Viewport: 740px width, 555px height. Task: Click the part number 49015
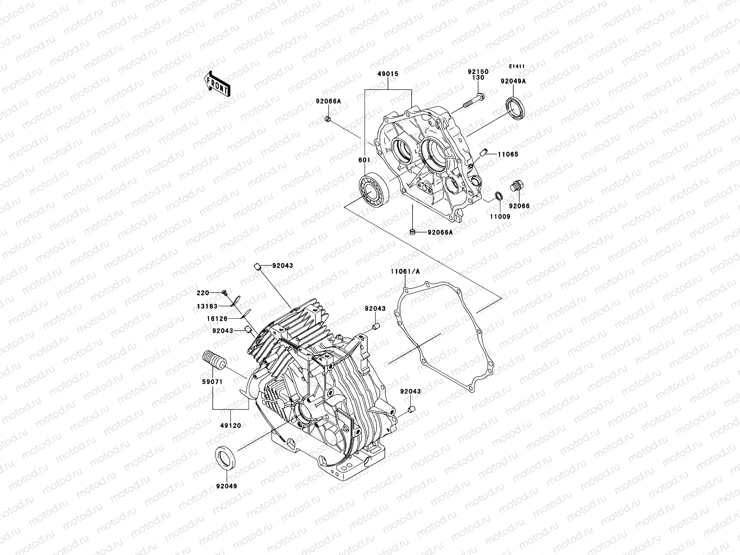pyautogui.click(x=388, y=74)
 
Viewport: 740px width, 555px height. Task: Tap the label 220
pyautogui.click(x=203, y=293)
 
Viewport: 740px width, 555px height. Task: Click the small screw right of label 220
pyautogui.click(x=224, y=292)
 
